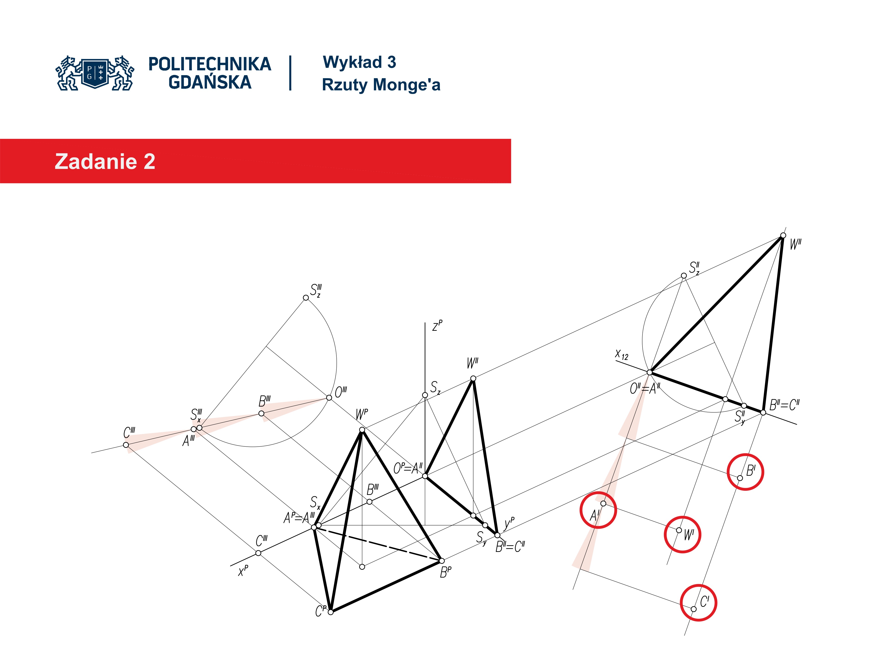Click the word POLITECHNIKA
[x=209, y=64]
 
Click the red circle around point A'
[x=598, y=510]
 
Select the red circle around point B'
[x=745, y=472]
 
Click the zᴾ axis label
[x=438, y=326]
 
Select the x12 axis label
[x=622, y=354]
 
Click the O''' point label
[x=341, y=392]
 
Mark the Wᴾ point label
[x=362, y=414]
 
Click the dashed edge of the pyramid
[x=378, y=544]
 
